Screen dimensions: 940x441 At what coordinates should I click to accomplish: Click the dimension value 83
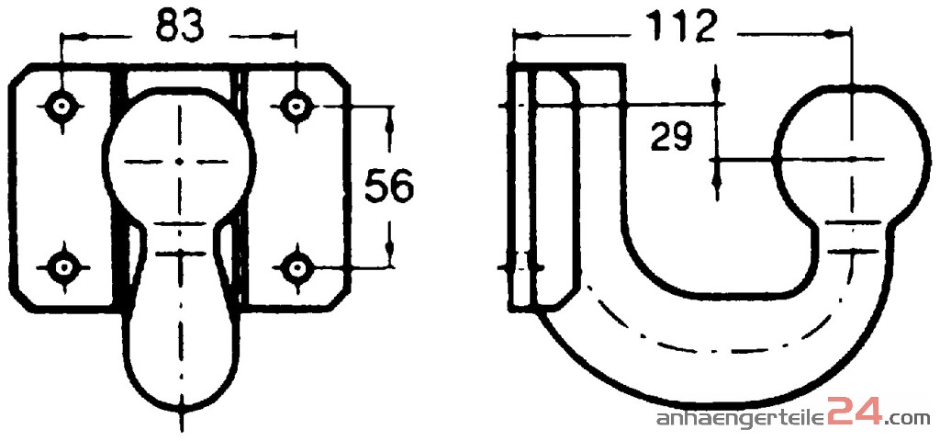[x=180, y=27]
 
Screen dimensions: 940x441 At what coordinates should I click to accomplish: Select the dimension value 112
[x=683, y=26]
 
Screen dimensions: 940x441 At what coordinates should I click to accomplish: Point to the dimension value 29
[x=671, y=138]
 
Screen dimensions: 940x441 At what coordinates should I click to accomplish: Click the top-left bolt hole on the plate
[x=61, y=107]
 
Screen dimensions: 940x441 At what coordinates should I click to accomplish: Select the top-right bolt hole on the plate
[x=295, y=107]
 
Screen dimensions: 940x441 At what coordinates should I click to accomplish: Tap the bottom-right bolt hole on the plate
[x=295, y=267]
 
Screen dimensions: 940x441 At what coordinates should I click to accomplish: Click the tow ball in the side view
[x=850, y=154]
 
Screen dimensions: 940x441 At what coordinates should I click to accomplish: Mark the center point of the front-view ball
[x=180, y=162]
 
